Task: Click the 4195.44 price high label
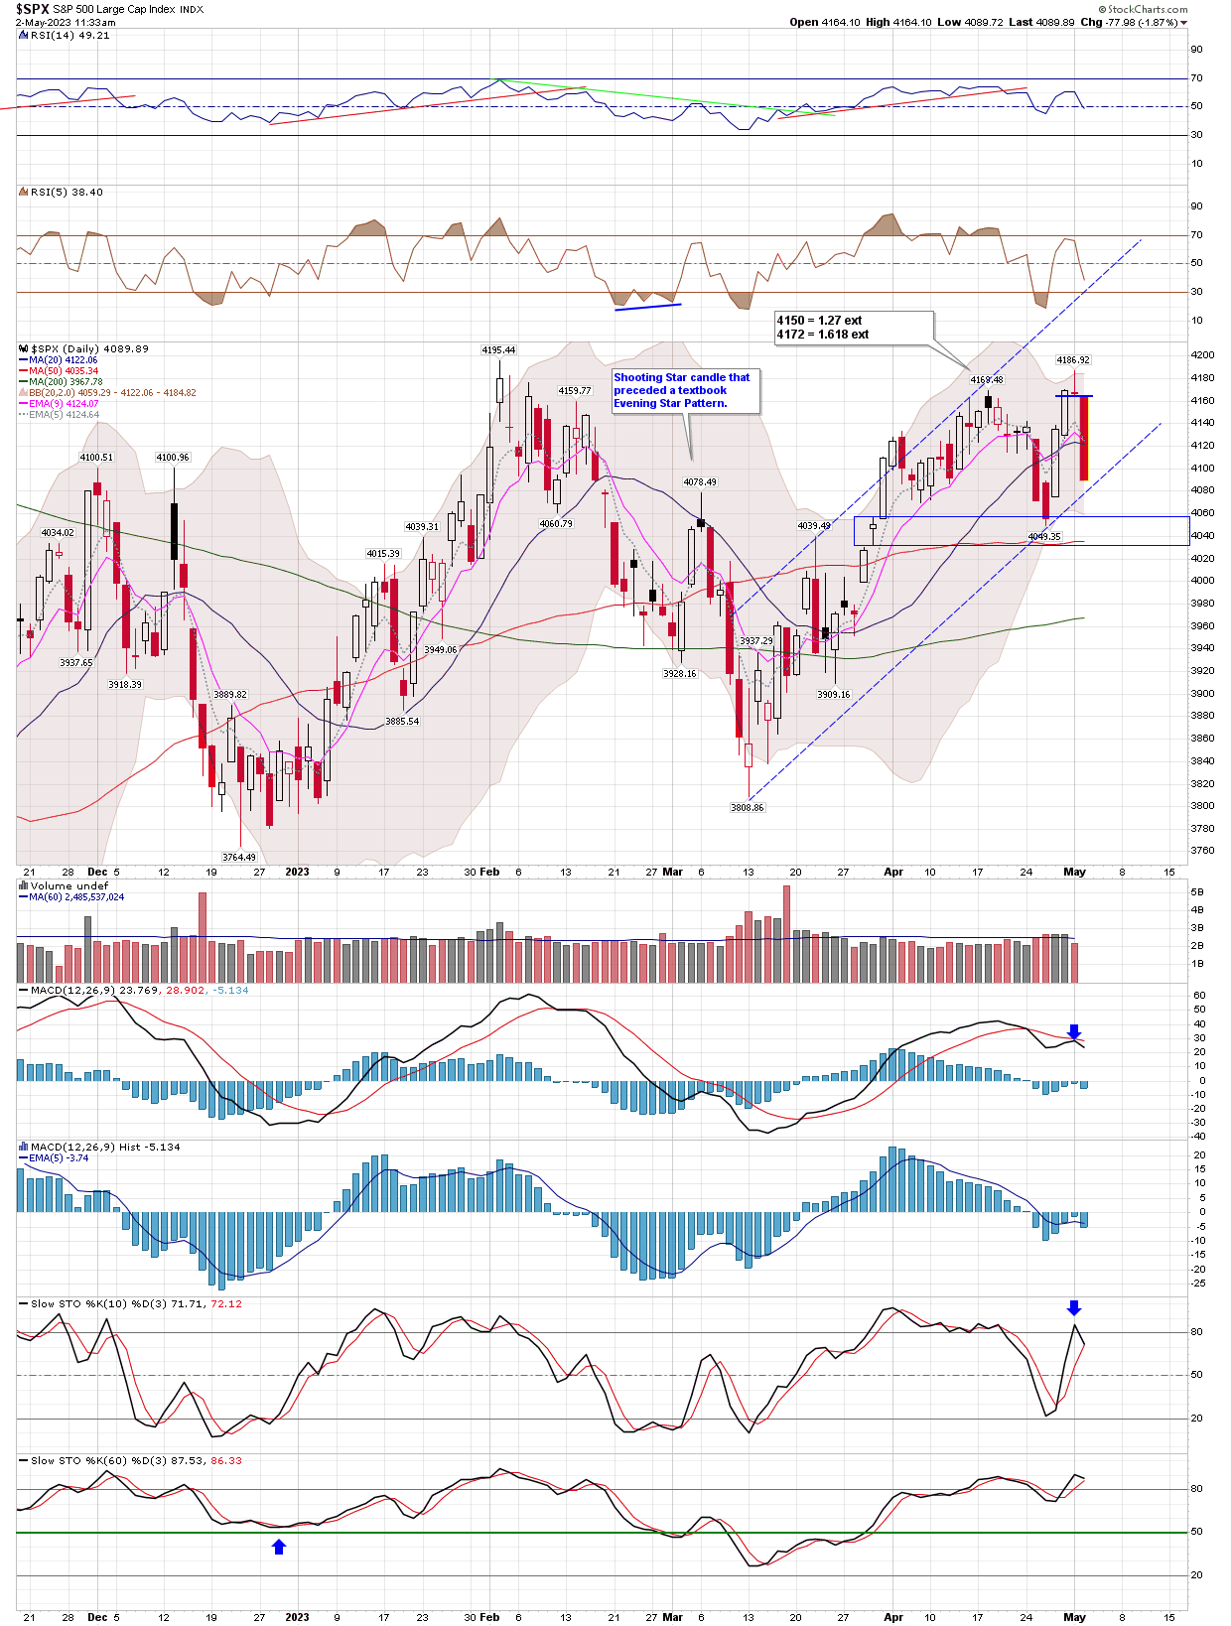pyautogui.click(x=498, y=350)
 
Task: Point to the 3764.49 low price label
pyautogui.click(x=239, y=857)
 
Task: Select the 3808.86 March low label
pyautogui.click(x=748, y=808)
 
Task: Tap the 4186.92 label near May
pyautogui.click(x=1073, y=360)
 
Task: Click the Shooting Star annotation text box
pyautogui.click(x=686, y=390)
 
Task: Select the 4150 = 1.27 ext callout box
pyautogui.click(x=854, y=328)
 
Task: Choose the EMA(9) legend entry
pyautogui.click(x=64, y=404)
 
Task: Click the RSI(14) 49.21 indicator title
pyautogui.click(x=69, y=36)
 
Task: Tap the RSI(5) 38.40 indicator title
pyautogui.click(x=67, y=193)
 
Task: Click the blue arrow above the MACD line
pyautogui.click(x=1074, y=1032)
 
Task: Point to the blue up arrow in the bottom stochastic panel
pyautogui.click(x=279, y=1547)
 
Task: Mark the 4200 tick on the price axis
pyautogui.click(x=1202, y=355)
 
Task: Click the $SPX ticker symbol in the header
pyautogui.click(x=33, y=9)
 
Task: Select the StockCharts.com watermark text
pyautogui.click(x=1148, y=9)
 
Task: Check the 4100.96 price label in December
pyautogui.click(x=173, y=458)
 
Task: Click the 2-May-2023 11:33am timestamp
pyautogui.click(x=66, y=22)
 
